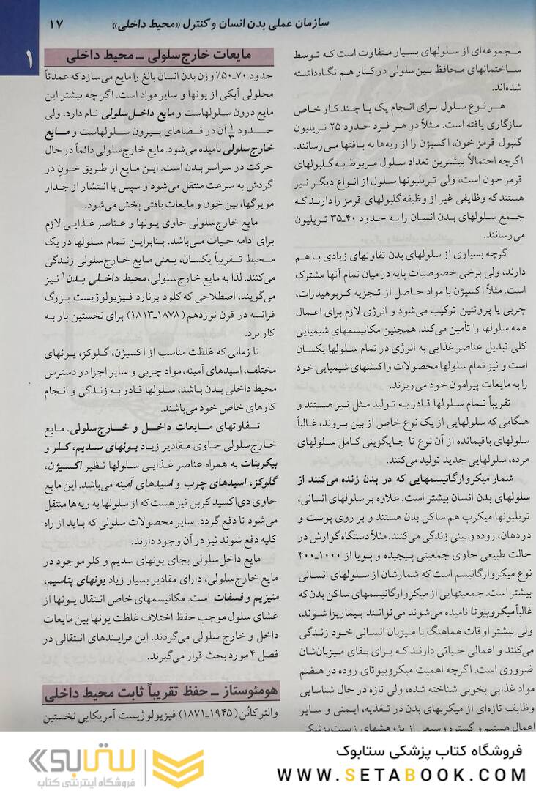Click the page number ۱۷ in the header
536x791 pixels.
click(x=56, y=23)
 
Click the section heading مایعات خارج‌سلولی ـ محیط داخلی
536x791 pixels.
click(x=158, y=56)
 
